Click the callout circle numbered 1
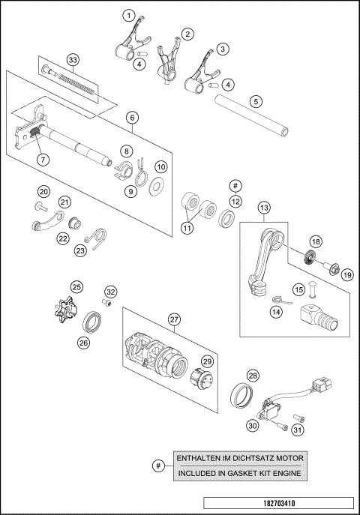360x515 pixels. [x=130, y=15]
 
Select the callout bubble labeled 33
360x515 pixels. [x=72, y=59]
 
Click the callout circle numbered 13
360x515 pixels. [x=264, y=208]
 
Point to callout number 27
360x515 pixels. [x=175, y=319]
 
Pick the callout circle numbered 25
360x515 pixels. [x=76, y=287]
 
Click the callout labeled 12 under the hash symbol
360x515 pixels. [x=235, y=201]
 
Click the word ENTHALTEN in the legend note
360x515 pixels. [x=196, y=458]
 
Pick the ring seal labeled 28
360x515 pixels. [x=246, y=394]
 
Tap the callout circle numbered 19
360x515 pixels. [x=346, y=275]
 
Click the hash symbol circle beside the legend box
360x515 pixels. [x=157, y=466]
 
